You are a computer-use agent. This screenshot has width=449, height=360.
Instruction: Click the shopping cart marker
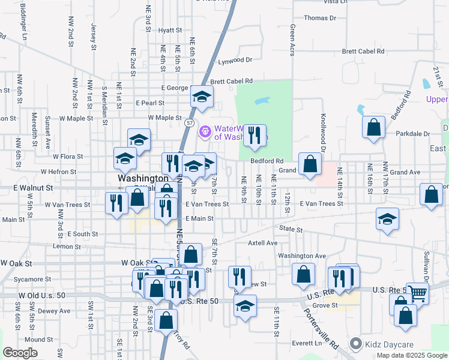pos(417,294)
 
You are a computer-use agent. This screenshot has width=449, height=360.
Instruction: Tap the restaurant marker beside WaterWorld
pos(255,136)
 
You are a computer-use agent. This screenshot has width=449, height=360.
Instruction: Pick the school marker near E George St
pos(202,96)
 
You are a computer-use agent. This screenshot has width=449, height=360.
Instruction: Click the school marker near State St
pos(387,220)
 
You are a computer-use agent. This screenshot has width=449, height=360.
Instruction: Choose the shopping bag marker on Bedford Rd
pos(309,165)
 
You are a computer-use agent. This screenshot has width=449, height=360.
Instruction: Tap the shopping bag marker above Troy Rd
pos(166,320)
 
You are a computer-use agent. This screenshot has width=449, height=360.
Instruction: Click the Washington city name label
pos(143,178)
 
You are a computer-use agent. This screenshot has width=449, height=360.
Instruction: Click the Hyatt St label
pos(170,30)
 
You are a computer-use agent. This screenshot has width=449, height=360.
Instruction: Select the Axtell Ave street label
pos(264,243)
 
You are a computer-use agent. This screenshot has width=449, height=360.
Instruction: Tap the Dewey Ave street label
pos(54,311)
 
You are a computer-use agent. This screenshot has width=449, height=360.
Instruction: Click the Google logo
pos(20,353)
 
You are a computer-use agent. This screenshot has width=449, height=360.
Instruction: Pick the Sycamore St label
pos(33,279)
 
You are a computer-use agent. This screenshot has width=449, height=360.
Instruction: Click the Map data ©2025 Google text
pos(411,355)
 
